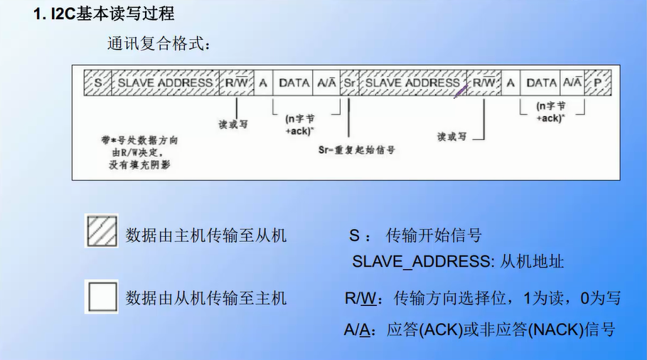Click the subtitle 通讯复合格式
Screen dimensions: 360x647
pyautogui.click(x=159, y=45)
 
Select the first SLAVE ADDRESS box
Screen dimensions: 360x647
pyautogui.click(x=165, y=83)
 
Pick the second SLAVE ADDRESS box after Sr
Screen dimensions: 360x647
pyautogui.click(x=412, y=83)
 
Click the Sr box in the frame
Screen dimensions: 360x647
pyautogui.click(x=349, y=83)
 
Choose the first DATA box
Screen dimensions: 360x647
pyautogui.click(x=294, y=83)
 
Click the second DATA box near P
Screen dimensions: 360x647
pyautogui.click(x=542, y=83)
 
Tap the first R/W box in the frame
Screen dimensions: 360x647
pyautogui.click(x=235, y=83)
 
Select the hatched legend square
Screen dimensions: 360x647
pyautogui.click(x=102, y=231)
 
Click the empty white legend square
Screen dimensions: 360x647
pyautogui.click(x=102, y=296)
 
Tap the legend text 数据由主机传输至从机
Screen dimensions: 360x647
pyautogui.click(x=206, y=235)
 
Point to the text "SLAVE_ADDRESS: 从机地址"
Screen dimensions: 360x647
pyautogui.click(x=458, y=261)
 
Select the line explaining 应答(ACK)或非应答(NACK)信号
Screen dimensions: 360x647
pyautogui.click(x=479, y=329)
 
